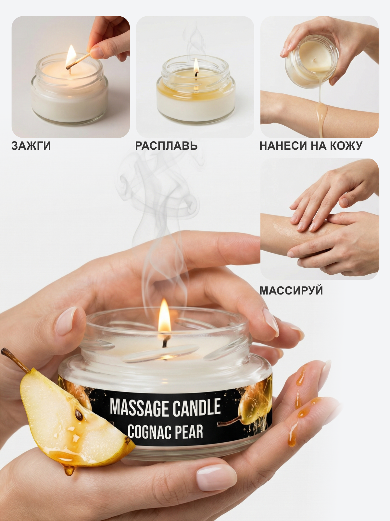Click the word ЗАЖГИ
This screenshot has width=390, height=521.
point(31,145)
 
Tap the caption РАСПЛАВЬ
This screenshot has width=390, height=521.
point(166,145)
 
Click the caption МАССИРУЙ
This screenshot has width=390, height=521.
point(291,290)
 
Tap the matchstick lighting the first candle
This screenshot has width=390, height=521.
point(78,61)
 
